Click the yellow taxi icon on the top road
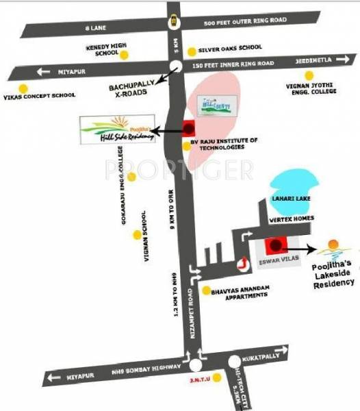tap(175, 20)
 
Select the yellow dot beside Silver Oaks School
tap(192, 50)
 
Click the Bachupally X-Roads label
tap(133, 90)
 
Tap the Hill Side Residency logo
tap(113, 129)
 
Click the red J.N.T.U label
tap(196, 376)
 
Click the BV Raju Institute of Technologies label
tap(223, 144)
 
